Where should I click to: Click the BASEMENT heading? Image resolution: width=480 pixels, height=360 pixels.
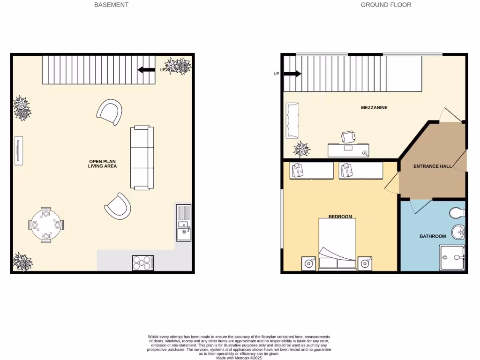(111, 5)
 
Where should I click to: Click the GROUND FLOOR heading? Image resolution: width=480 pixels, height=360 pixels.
(386, 5)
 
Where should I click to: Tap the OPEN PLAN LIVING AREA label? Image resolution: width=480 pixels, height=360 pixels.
(102, 164)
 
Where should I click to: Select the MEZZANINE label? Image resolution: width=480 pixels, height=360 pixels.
(374, 108)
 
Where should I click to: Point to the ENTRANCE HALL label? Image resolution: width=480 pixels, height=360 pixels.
(432, 166)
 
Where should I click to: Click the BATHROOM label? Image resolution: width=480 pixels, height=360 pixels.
(432, 236)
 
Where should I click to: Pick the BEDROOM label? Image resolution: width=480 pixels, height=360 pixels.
(340, 217)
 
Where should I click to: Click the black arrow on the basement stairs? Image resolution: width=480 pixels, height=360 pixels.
(146, 70)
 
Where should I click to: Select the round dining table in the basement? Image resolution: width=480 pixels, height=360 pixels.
(46, 225)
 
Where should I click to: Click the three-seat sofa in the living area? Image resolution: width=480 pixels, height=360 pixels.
(142, 157)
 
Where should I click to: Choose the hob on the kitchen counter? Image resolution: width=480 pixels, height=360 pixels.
(143, 263)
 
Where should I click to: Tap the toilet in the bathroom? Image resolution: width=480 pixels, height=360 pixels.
(457, 213)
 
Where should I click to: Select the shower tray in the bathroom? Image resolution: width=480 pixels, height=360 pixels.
(452, 258)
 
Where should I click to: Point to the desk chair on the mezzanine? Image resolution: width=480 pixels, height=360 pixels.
(348, 136)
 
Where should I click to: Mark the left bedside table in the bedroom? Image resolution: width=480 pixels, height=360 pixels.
(308, 263)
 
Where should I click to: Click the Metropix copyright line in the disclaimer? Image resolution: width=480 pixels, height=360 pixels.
(239, 358)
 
